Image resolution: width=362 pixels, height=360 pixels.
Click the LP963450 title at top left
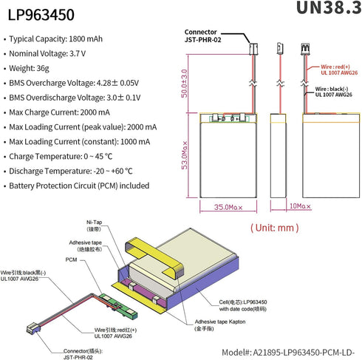pyautogui.click(x=41, y=15)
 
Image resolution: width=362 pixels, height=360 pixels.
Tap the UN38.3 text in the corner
pyautogui.click(x=329, y=8)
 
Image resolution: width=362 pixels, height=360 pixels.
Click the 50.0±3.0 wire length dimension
pyautogui.click(x=184, y=84)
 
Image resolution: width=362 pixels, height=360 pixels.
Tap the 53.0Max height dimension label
pyautogui.click(x=185, y=155)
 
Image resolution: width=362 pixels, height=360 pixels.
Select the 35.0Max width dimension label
pyautogui.click(x=228, y=207)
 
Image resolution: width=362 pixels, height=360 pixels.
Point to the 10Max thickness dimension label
pyautogui.click(x=300, y=206)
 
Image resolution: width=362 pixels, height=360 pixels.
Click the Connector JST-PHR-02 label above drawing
pyautogui.click(x=202, y=35)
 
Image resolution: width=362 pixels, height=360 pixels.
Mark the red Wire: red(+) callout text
pyautogui.click(x=339, y=69)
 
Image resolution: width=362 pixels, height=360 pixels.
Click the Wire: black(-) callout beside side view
pyautogui.click(x=334, y=92)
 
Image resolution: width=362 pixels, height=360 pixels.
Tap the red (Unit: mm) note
pyautogui.click(x=275, y=228)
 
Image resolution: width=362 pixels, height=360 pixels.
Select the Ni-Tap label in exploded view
pyautogui.click(x=94, y=225)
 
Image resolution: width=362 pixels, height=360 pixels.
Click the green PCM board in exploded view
pyautogui.click(x=118, y=305)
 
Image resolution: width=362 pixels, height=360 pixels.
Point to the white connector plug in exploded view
pyautogui.click(x=33, y=327)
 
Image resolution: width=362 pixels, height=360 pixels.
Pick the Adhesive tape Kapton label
pyautogui.click(x=220, y=325)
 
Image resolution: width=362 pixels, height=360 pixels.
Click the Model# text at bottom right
pyautogui.click(x=288, y=353)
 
